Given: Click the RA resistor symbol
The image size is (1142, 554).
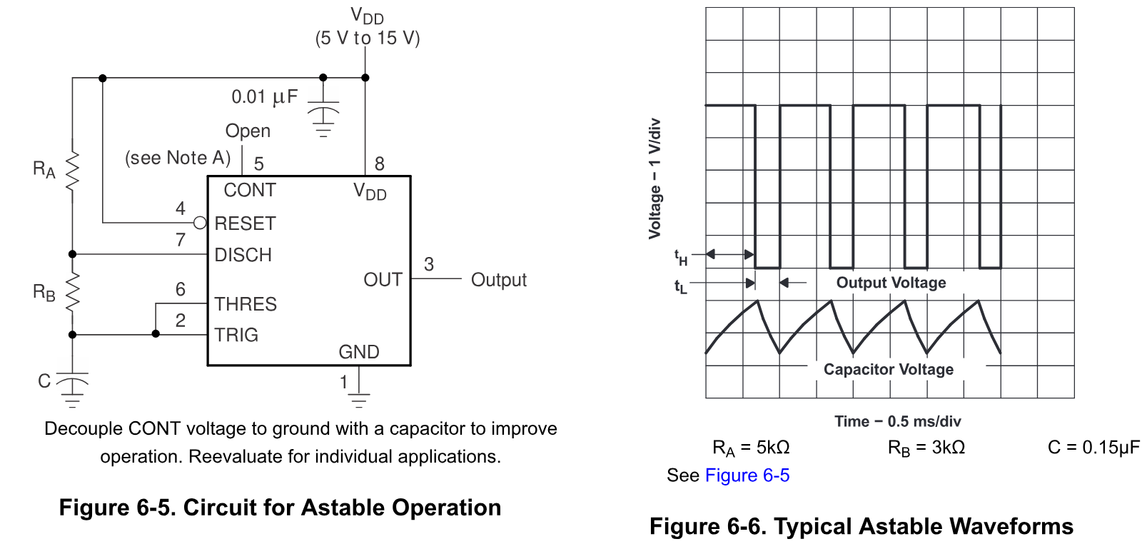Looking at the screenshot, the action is click(x=72, y=171).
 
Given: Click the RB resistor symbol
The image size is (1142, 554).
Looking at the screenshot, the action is click(x=72, y=292).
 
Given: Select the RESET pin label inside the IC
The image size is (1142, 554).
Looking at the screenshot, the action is click(x=246, y=223).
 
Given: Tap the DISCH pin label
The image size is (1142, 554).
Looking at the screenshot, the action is click(x=243, y=255).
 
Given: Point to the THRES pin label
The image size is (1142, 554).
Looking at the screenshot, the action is click(x=246, y=304).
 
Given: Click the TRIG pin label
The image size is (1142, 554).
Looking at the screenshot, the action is click(x=236, y=335).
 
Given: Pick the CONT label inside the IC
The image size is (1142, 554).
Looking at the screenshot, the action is click(x=250, y=191).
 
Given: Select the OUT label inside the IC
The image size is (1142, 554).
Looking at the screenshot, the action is click(x=383, y=280).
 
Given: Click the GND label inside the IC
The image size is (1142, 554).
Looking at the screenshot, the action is click(x=359, y=352).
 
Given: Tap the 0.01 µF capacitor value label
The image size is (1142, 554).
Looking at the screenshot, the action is click(x=265, y=97).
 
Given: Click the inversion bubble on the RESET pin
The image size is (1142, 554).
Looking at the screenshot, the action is click(x=200, y=223).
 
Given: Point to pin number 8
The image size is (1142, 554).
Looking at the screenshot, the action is click(x=379, y=163).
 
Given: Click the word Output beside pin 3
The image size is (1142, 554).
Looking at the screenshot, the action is click(x=499, y=280).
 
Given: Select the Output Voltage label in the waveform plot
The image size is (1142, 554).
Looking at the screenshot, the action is click(x=891, y=283).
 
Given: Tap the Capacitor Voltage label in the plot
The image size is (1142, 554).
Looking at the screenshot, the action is click(x=889, y=369).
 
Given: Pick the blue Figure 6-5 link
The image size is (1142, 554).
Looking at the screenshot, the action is click(x=747, y=475).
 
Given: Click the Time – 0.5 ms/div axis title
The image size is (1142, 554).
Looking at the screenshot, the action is click(x=897, y=421).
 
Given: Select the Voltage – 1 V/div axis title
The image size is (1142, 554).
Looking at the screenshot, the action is click(x=655, y=178).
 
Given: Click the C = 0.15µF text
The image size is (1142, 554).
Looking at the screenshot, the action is click(x=1093, y=448).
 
